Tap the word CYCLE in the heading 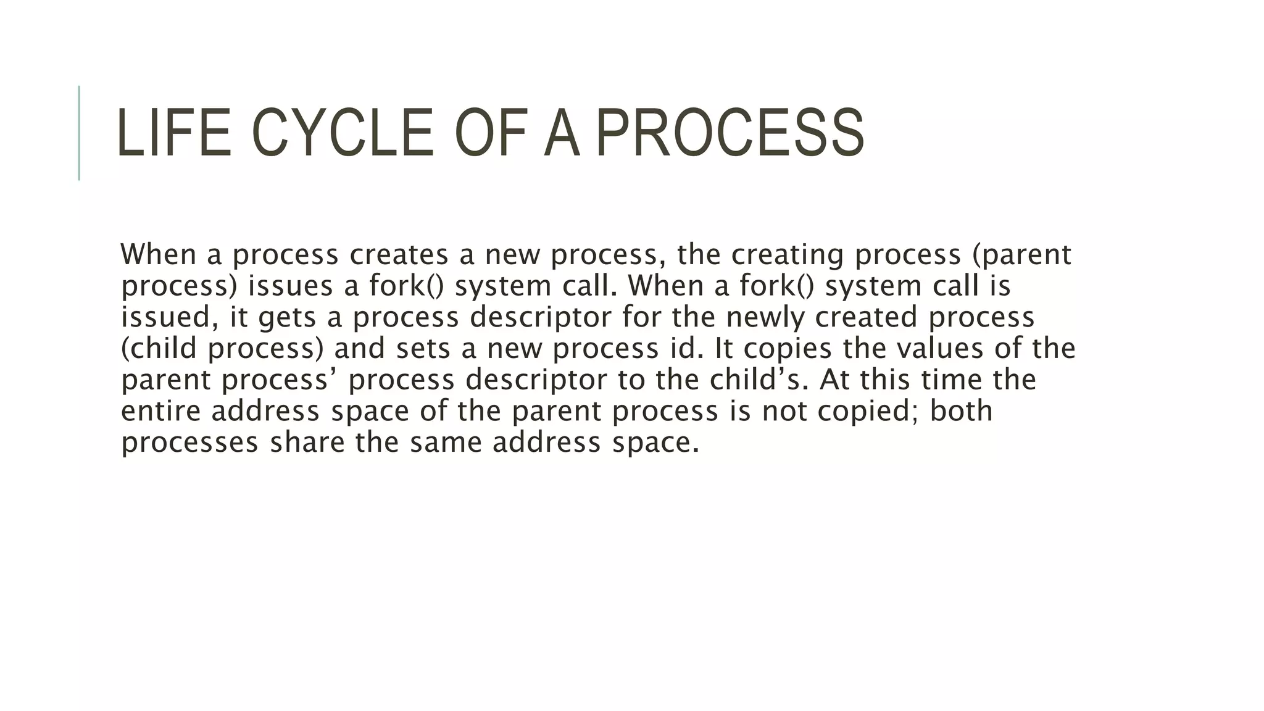pyautogui.click(x=343, y=133)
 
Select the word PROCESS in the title pyautogui.click(x=730, y=133)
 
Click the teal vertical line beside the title pyautogui.click(x=79, y=133)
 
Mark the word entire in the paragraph pyautogui.click(x=160, y=412)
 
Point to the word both pyautogui.click(x=961, y=412)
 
